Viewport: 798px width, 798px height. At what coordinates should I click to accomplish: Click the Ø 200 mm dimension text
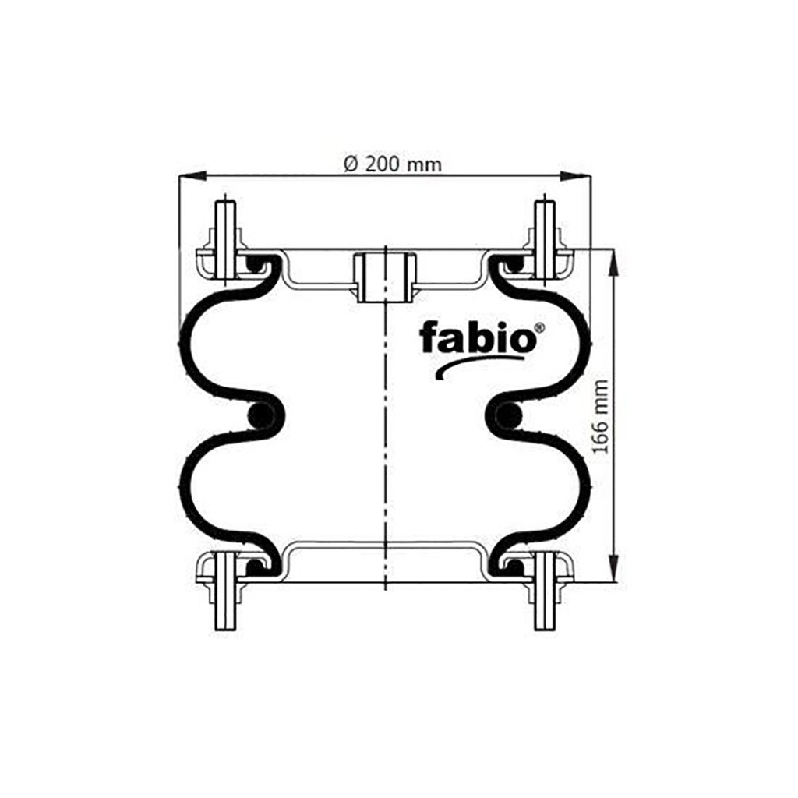coord(393,164)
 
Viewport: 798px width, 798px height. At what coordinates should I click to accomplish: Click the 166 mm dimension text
coord(601,416)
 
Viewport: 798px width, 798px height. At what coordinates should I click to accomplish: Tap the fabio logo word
coord(478,337)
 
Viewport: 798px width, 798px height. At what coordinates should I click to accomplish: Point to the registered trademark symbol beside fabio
coord(539,328)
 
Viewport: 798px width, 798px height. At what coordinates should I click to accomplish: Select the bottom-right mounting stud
coord(545,591)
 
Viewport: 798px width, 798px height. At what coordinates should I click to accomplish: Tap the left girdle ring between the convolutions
coord(261,415)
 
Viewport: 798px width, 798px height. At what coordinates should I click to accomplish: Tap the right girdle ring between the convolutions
coord(508,415)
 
